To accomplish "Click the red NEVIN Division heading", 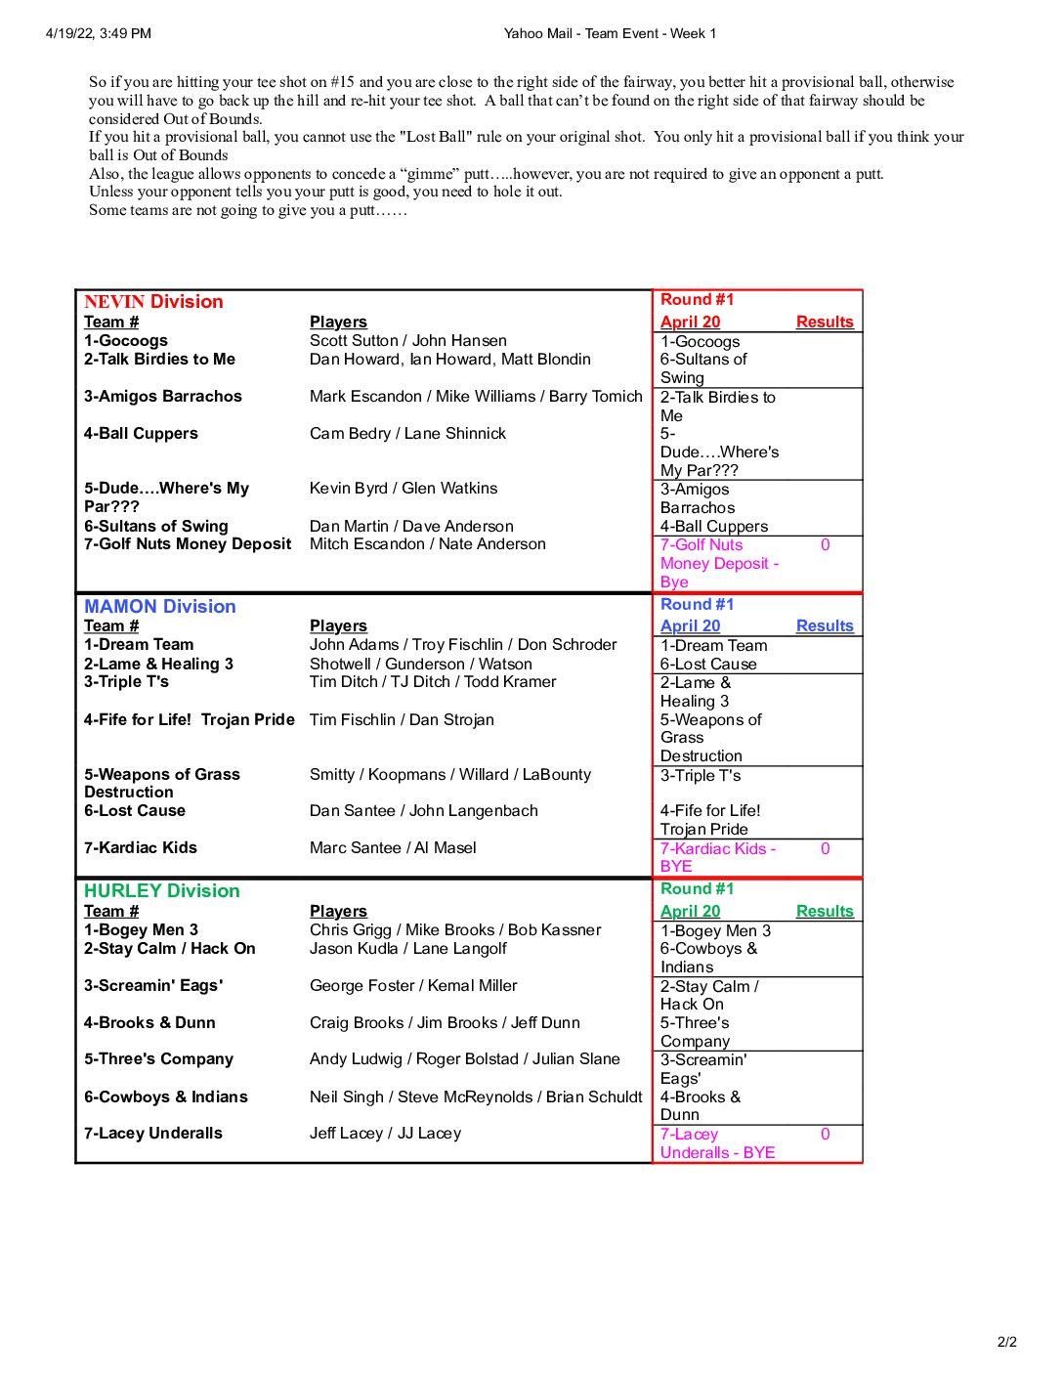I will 153,302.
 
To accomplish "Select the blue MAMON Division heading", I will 160,607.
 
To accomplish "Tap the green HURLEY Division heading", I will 162,891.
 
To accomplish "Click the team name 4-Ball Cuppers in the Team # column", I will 141,434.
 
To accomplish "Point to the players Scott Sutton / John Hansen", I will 408,341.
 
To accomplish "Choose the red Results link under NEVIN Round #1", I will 825,322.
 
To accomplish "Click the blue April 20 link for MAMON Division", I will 690,626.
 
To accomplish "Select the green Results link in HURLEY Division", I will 825,912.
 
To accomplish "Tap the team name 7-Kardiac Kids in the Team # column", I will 141,848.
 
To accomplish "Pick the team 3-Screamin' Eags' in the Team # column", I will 153,986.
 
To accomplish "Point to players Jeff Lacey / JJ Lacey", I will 385,1134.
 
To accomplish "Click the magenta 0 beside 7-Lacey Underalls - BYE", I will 826,1135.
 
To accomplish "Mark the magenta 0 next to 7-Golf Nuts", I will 826,545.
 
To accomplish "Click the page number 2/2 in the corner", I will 1007,1342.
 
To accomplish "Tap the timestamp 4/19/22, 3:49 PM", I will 99,34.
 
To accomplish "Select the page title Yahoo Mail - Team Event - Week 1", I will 610,34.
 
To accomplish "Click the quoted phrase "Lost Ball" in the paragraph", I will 436,138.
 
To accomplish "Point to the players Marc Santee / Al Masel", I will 393,848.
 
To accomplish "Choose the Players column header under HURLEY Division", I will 338,912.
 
